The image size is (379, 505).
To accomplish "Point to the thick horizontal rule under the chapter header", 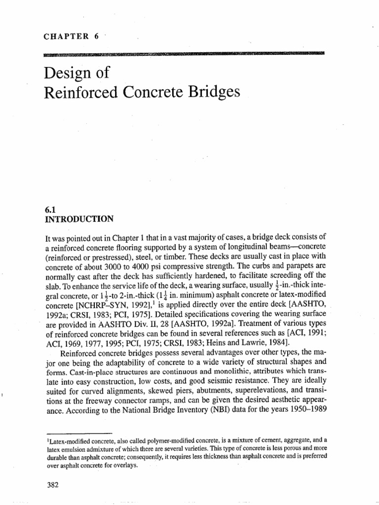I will (185, 53).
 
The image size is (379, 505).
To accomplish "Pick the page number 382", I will (51, 471).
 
